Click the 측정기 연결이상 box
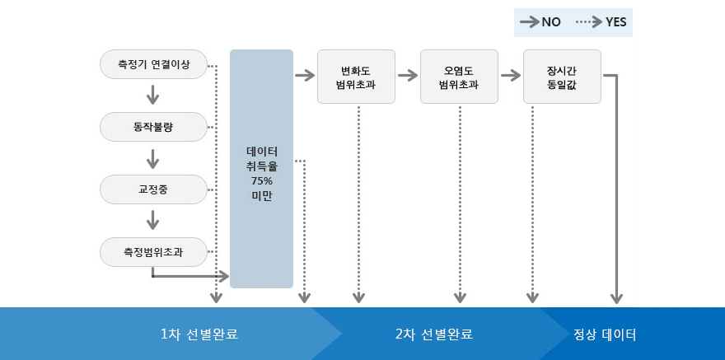[x=152, y=64]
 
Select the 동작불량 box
[x=152, y=127]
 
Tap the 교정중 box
[x=152, y=189]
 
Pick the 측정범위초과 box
[x=152, y=251]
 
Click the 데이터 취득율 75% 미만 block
[x=261, y=169]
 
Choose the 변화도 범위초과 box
[x=356, y=77]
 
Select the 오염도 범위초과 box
[x=459, y=77]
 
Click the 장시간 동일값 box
[x=562, y=77]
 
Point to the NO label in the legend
[x=551, y=23]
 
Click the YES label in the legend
[x=615, y=23]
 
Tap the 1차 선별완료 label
[x=204, y=334]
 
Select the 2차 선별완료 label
[x=433, y=334]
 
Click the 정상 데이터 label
[x=606, y=334]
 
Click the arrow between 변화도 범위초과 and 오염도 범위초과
[x=408, y=76]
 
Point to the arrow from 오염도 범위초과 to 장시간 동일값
[x=511, y=76]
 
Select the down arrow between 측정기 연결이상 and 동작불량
[x=152, y=96]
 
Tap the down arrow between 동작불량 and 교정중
[x=152, y=157]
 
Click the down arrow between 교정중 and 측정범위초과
[x=152, y=220]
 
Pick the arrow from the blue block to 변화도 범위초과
[x=305, y=76]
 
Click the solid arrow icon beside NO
[x=528, y=23]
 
